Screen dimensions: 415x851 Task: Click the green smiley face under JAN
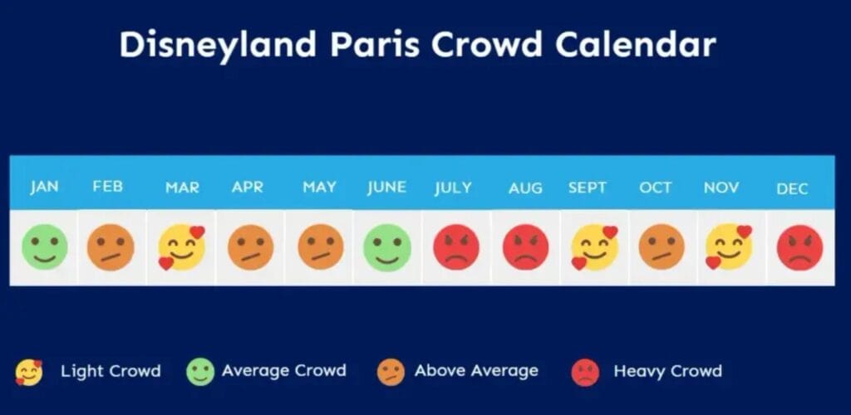[x=44, y=247]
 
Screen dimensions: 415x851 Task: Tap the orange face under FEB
[x=111, y=247]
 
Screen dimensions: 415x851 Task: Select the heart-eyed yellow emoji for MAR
[x=181, y=247]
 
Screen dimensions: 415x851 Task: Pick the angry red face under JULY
[x=456, y=247]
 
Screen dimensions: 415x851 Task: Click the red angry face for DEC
[x=799, y=247]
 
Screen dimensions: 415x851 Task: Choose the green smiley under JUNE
[x=387, y=247]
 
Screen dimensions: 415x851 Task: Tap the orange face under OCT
[x=662, y=247]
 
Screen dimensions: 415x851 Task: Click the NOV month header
[x=721, y=188]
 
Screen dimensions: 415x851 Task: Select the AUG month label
[x=525, y=188]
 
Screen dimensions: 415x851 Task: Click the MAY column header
[x=319, y=187]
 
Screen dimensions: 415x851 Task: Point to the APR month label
[x=247, y=187]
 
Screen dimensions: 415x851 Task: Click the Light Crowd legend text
[x=111, y=371]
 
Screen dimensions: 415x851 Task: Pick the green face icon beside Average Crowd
[x=200, y=372]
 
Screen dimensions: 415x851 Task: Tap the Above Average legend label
[x=476, y=371]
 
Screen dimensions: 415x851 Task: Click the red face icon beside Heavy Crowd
[x=585, y=372]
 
